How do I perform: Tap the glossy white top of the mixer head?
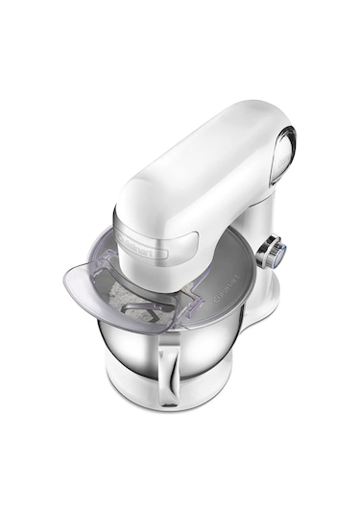(x=192, y=163)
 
